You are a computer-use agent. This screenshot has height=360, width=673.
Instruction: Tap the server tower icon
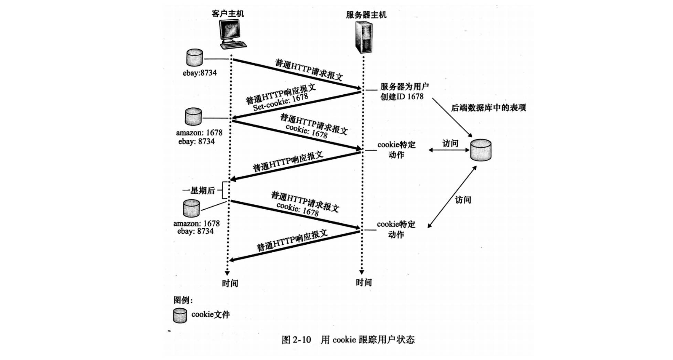(x=364, y=37)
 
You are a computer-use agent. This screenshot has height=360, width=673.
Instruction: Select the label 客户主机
(x=228, y=13)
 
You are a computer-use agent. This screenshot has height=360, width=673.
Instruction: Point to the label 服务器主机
(x=366, y=15)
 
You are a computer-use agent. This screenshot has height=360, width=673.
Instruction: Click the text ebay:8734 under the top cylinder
(x=200, y=73)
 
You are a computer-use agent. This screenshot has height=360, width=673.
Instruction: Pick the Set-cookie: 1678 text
(x=281, y=102)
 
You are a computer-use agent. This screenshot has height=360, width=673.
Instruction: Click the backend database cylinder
(x=481, y=150)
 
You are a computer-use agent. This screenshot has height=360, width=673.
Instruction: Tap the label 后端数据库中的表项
(x=489, y=108)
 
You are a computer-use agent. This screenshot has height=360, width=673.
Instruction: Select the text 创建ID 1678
(x=402, y=97)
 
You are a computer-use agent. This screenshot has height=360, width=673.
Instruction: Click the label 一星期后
(x=199, y=190)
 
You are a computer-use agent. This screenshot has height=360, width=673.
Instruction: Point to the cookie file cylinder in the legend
(x=180, y=315)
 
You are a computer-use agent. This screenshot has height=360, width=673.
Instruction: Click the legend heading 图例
(x=183, y=300)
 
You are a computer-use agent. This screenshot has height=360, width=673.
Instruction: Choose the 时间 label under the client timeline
(x=230, y=283)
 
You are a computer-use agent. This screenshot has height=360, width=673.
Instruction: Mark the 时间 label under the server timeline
(x=364, y=283)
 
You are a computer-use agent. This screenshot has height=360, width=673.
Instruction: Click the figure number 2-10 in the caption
(x=301, y=340)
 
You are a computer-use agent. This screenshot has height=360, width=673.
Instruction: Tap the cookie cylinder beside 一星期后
(x=191, y=209)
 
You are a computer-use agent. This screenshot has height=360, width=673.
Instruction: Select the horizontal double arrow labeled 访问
(x=449, y=150)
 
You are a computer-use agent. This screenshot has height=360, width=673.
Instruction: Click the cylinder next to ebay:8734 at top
(x=195, y=57)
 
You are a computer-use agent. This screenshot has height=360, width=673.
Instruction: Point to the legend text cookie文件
(x=210, y=315)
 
